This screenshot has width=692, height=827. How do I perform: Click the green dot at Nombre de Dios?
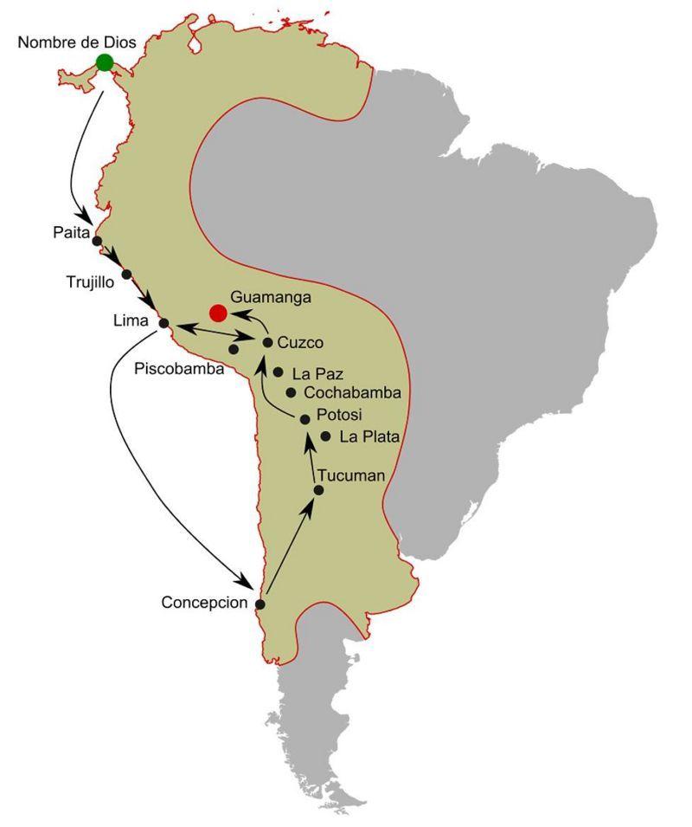pyautogui.click(x=105, y=62)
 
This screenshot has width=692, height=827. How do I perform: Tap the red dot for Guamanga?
pyautogui.click(x=218, y=313)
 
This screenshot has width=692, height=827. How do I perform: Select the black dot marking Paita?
pyautogui.click(x=97, y=242)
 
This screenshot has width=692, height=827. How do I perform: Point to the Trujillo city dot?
pyautogui.click(x=126, y=275)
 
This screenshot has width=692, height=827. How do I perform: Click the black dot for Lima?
pyautogui.click(x=163, y=324)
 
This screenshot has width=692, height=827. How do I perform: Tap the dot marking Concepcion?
pyautogui.click(x=260, y=604)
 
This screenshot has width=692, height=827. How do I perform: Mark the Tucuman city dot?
pyautogui.click(x=318, y=490)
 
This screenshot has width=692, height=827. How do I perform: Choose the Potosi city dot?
pyautogui.click(x=304, y=419)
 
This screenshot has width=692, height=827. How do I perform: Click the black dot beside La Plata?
pyautogui.click(x=325, y=436)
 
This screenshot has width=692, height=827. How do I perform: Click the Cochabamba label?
pyautogui.click(x=353, y=392)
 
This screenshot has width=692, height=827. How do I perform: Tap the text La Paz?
pyautogui.click(x=317, y=375)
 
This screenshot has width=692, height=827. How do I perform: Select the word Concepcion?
pyautogui.click(x=204, y=603)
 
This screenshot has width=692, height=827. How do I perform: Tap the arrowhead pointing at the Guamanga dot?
pyautogui.click(x=235, y=312)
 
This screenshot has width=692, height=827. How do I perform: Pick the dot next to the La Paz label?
pyautogui.click(x=279, y=372)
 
